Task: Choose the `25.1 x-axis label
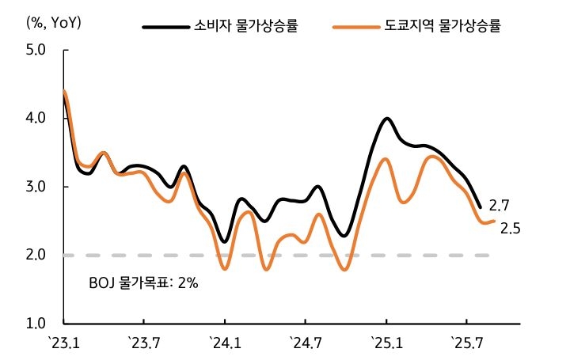(386, 343)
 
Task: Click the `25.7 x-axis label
(467, 343)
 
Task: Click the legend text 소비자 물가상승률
(247, 26)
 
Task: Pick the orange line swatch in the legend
(357, 27)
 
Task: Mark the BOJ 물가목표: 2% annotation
(142, 282)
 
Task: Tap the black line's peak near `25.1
(387, 119)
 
